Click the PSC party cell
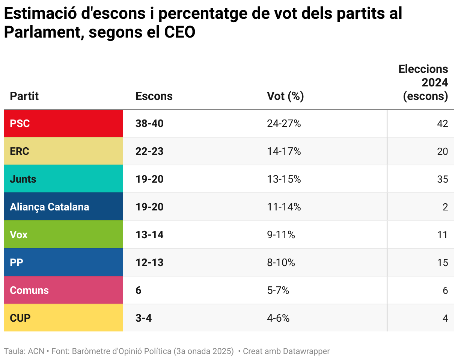pyautogui.click(x=63, y=123)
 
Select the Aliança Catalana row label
pyautogui.click(x=49, y=207)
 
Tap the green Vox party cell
pyautogui.click(x=63, y=234)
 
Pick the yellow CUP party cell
pyautogui.click(x=63, y=318)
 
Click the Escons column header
pyautogui.click(x=154, y=96)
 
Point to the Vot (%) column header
pyautogui.click(x=285, y=96)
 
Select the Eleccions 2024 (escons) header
pyautogui.click(x=423, y=83)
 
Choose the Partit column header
pyautogui.click(x=24, y=96)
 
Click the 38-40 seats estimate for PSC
pyautogui.click(x=149, y=123)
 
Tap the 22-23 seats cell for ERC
pyautogui.click(x=149, y=151)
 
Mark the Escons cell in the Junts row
pyautogui.click(x=149, y=179)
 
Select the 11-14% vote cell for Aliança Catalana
pyautogui.click(x=284, y=207)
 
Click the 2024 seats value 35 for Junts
pyautogui.click(x=442, y=179)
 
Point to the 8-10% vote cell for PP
pyautogui.click(x=281, y=262)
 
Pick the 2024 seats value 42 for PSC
pyautogui.click(x=442, y=123)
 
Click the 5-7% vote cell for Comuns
pyautogui.click(x=278, y=290)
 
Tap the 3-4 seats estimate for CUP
pyautogui.click(x=143, y=318)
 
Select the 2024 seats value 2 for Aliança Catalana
pyautogui.click(x=445, y=207)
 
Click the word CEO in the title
pyautogui.click(x=180, y=32)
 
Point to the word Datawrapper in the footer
pyautogui.click(x=306, y=351)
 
